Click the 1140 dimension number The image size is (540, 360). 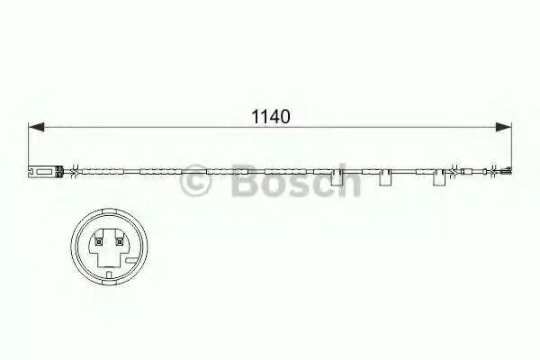click(x=272, y=117)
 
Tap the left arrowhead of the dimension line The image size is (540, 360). click(x=36, y=127)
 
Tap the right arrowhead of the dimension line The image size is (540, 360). click(x=503, y=127)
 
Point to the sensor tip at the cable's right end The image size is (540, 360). click(x=507, y=170)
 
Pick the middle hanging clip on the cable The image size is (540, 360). click(x=385, y=177)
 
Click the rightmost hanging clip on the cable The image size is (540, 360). click(x=439, y=177)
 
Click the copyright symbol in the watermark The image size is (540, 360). click(x=195, y=180)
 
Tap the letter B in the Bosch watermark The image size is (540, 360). click(x=246, y=180)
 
